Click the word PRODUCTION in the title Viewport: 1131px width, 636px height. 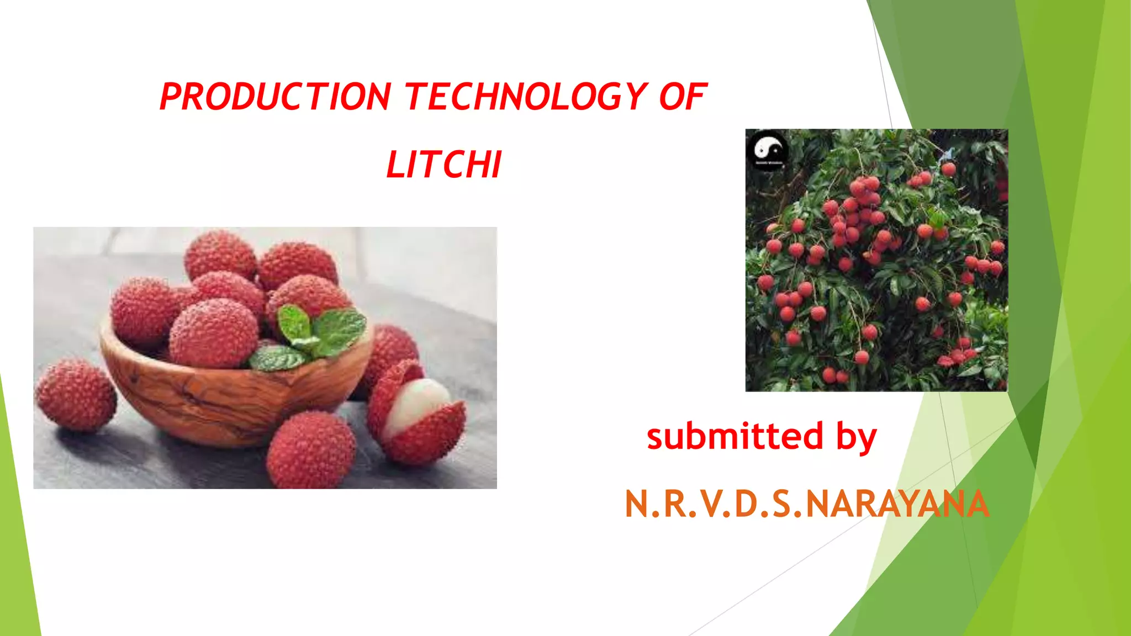(x=275, y=97)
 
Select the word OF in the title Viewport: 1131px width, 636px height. (x=683, y=97)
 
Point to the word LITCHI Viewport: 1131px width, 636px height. (x=444, y=165)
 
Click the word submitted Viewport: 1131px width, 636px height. (x=735, y=436)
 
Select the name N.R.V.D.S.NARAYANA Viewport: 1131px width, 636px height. (x=806, y=504)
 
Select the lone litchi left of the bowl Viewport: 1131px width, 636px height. (x=76, y=394)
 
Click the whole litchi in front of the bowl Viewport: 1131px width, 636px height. (x=310, y=451)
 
